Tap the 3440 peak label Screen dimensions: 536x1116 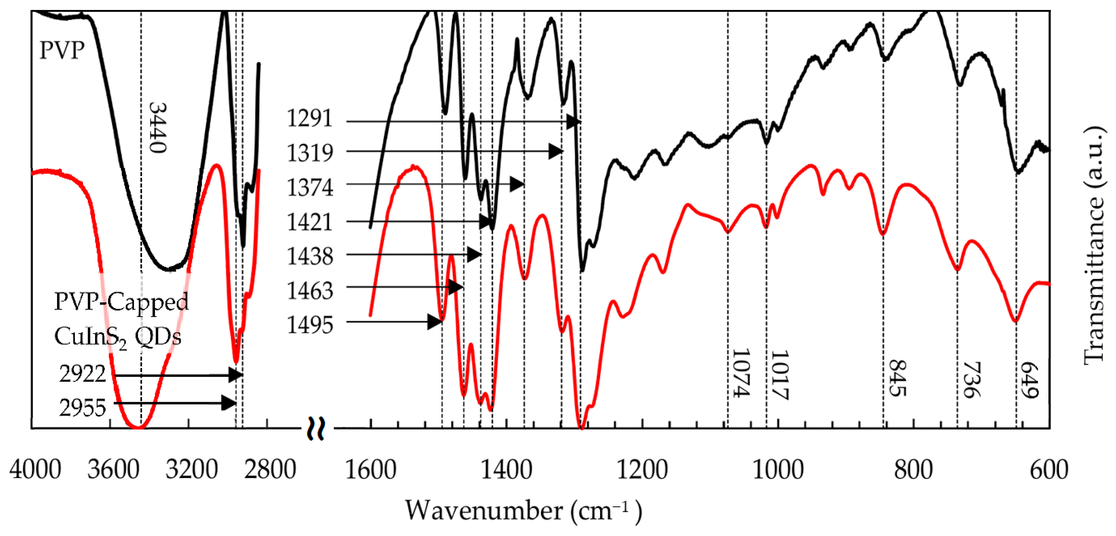point(157,128)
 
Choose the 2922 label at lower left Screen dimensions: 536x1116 point(82,374)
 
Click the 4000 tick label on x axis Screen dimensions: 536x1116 point(35,470)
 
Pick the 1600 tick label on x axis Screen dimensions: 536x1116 point(370,470)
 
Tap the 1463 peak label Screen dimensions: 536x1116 point(310,290)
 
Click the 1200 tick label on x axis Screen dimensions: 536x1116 point(642,470)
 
